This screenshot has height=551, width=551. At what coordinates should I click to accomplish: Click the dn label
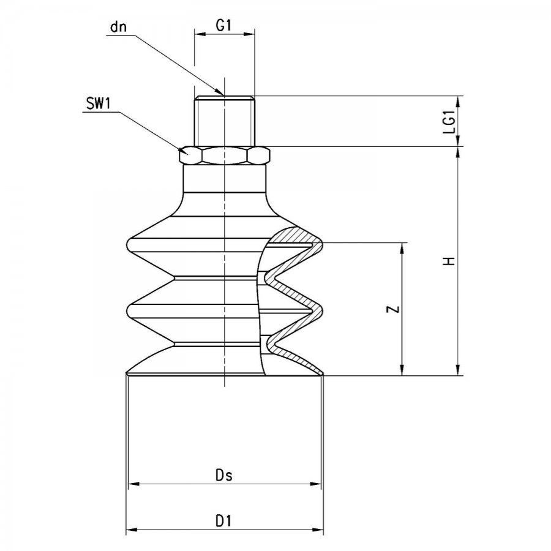coord(118,27)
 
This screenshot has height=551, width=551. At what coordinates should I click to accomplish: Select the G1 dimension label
coord(223,26)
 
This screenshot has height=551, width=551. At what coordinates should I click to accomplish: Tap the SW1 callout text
coord(99,104)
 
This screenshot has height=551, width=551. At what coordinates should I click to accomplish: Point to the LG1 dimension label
coord(449,121)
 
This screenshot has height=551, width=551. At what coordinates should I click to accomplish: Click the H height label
coord(449,261)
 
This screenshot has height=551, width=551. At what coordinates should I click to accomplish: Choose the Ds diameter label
coord(224,476)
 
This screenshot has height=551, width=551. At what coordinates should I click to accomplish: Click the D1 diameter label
coord(223,521)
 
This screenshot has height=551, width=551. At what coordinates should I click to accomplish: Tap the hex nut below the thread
coord(225,156)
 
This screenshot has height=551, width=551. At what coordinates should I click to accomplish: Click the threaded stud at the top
coord(225,121)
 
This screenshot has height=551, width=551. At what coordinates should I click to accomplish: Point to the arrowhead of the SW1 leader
coord(184,151)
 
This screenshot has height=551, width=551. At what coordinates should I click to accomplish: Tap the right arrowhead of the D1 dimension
coord(317,529)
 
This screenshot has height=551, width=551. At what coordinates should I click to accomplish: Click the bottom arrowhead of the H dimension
coord(458,370)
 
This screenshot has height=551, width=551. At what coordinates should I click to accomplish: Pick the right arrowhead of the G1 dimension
coord(249,34)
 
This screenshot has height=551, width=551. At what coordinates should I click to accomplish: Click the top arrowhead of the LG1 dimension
coord(458,101)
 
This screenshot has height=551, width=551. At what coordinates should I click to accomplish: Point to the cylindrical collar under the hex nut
coord(225,179)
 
